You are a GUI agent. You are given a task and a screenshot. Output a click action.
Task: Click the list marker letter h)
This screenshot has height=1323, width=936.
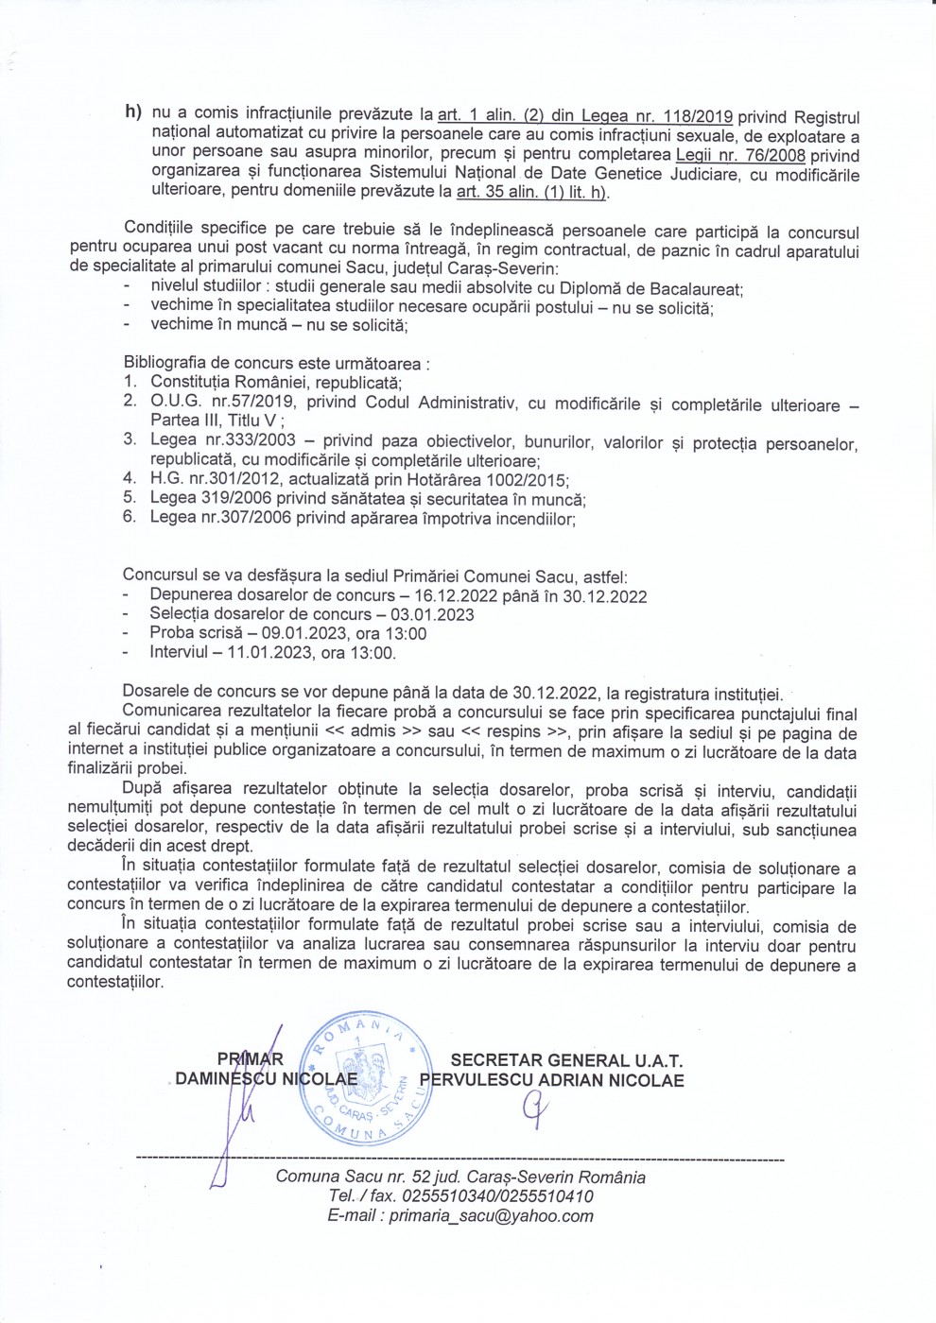click(133, 112)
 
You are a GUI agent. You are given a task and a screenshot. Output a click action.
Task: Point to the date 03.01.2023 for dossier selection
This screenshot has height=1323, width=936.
click(439, 615)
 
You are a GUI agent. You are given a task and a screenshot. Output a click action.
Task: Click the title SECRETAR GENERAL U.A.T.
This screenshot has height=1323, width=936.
click(566, 1061)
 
